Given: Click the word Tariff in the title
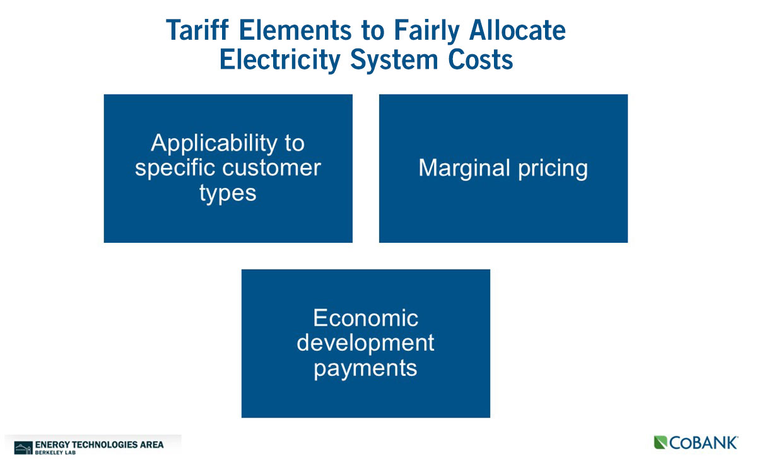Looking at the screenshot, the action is tap(197, 30).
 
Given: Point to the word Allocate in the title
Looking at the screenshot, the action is tap(517, 30).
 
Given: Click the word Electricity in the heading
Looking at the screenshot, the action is tap(280, 61).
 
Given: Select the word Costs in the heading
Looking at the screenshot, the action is tap(481, 59).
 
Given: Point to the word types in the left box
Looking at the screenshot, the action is tap(228, 194).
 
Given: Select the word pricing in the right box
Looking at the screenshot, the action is tap(553, 169).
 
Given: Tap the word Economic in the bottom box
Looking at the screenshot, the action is tap(366, 318).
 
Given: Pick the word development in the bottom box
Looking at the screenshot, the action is tap(365, 344).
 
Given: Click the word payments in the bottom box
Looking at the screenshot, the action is tap(366, 369).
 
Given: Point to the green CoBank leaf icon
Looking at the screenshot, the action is tap(660, 442).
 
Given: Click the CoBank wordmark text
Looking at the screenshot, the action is tap(703, 443).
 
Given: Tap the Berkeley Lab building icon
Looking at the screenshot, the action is tap(23, 448).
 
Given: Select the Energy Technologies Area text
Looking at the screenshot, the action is tap(100, 445).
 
